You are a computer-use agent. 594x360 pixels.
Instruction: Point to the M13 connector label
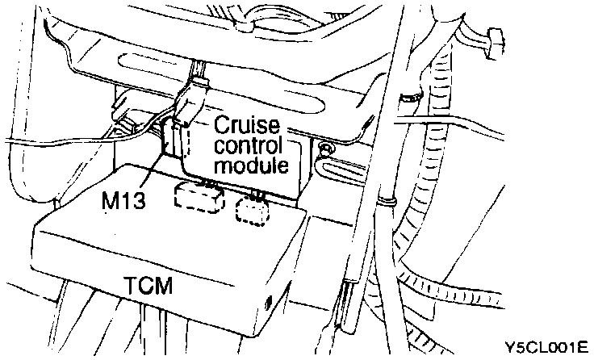point(124,199)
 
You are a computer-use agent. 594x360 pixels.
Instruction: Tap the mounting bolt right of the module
point(325,149)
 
